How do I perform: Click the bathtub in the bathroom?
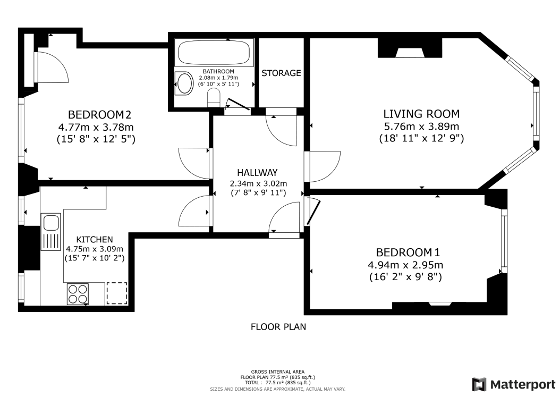point(214,53)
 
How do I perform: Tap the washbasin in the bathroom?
point(184,83)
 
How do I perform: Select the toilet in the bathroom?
point(214,98)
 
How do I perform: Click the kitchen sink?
point(50,232)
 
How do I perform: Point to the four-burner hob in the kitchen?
point(78,294)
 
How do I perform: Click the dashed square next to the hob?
point(117,293)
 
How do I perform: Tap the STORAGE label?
point(281,73)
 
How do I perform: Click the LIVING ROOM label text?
point(421,114)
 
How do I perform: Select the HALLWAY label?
point(257,173)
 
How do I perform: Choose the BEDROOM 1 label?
point(408,252)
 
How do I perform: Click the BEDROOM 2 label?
point(100,115)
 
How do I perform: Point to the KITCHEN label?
point(95,239)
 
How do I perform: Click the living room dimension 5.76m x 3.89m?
point(421,126)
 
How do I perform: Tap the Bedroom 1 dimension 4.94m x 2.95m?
point(405,265)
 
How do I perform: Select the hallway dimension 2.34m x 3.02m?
point(258,184)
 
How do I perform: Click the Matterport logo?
point(514,384)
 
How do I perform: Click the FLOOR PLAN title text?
point(278,327)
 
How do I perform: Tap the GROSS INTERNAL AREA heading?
point(278,372)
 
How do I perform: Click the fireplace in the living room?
point(410,48)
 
